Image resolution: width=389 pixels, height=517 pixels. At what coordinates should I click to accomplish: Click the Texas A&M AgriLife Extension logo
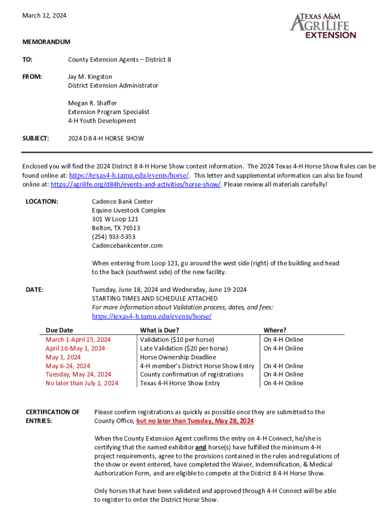pos(323,26)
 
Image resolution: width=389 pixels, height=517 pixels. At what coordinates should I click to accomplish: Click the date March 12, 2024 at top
pos(44,16)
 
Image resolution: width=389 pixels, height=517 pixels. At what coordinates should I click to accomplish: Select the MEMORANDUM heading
pos(46,42)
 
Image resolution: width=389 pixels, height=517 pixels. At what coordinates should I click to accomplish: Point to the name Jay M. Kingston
pos(90,77)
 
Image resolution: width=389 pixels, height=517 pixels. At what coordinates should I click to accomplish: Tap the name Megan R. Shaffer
pos(92,103)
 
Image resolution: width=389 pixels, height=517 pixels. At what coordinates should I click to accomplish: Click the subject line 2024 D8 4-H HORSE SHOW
pos(106,138)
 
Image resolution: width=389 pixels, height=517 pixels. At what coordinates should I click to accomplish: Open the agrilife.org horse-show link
pos(135,184)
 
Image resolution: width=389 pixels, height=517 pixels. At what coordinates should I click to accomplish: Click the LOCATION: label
pos(42,201)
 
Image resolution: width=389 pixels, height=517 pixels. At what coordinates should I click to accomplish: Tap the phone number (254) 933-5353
pos(114,237)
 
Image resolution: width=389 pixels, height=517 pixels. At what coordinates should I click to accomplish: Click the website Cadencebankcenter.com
pos(127,245)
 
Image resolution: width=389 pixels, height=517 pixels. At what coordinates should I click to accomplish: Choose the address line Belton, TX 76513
pos(116,228)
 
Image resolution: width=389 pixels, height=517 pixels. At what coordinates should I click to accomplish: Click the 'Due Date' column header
pos(59,330)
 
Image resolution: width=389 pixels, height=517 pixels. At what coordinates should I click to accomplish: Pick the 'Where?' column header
pos(275,330)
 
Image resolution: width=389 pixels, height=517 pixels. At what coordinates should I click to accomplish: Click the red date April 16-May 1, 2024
pos(75,348)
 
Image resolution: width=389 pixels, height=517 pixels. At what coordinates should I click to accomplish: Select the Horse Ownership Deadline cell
pos(178,357)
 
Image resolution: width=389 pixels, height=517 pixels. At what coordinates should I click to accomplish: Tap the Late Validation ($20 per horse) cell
pos(184,348)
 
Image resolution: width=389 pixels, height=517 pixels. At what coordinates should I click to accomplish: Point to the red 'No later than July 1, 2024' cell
pos(82,383)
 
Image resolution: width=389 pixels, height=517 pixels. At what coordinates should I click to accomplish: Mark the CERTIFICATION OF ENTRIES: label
pos(53,417)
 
